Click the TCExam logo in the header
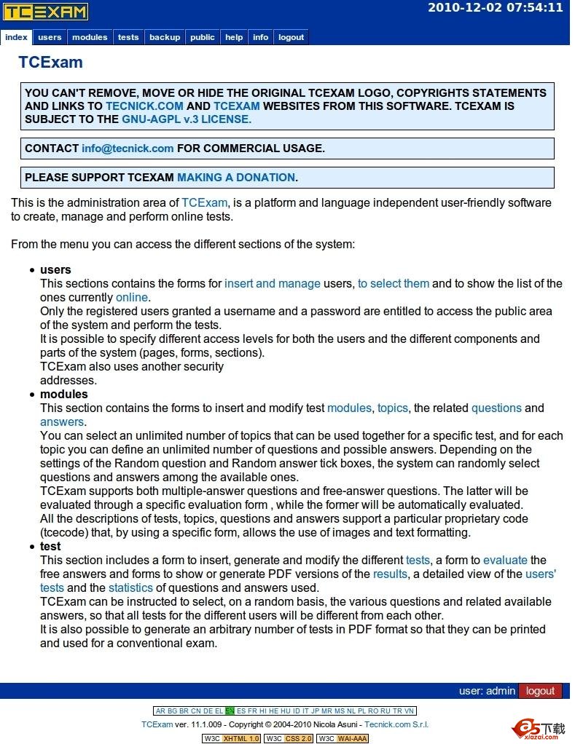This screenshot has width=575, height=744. tap(45, 12)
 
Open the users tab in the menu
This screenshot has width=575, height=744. tap(50, 37)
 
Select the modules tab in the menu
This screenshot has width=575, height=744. tap(90, 37)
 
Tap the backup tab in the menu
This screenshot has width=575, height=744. tap(165, 37)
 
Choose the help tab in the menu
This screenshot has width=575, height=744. tap(234, 37)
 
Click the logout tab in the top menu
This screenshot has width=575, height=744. tap(291, 37)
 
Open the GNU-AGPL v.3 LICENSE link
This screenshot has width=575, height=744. tap(187, 119)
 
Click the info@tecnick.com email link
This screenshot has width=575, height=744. tap(128, 149)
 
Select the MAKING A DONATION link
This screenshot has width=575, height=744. tap(236, 178)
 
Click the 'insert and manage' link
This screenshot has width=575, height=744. tap(273, 284)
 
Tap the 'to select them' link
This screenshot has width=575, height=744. tap(394, 284)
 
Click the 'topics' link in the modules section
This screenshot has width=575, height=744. tap(393, 408)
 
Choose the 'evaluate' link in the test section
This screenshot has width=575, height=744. tap(505, 561)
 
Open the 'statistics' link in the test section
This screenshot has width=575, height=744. tap(131, 588)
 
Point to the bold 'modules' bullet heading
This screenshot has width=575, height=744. tap(63, 395)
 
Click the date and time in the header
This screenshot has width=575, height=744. tap(495, 8)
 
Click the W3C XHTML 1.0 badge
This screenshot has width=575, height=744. tap(231, 738)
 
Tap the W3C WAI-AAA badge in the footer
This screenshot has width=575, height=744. tap(343, 738)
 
